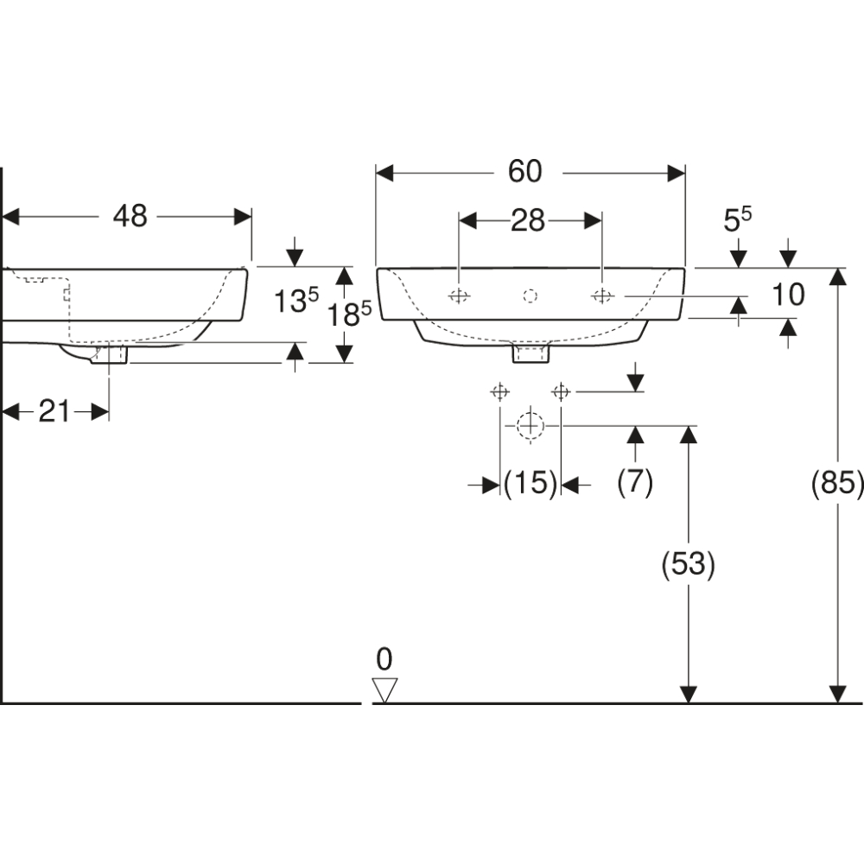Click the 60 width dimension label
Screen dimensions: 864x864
(524, 171)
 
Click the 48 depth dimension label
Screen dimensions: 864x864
(130, 216)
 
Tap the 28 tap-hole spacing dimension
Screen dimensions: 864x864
(527, 221)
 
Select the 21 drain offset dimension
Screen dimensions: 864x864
(54, 411)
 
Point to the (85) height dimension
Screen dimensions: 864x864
(837, 483)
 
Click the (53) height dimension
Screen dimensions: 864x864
(689, 564)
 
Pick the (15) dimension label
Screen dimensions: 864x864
(530, 483)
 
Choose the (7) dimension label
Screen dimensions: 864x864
(635, 482)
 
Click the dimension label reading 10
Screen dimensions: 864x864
(788, 295)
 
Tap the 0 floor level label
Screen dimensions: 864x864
(384, 659)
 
